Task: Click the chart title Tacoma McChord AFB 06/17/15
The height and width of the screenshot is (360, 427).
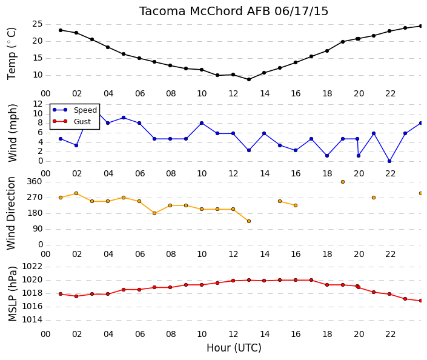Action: point(234,12)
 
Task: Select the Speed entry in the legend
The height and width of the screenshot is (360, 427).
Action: point(85,110)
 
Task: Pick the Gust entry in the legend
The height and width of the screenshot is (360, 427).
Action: point(82,122)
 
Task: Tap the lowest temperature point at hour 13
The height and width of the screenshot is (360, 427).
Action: point(249,79)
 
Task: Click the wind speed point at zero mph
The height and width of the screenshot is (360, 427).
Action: point(389,161)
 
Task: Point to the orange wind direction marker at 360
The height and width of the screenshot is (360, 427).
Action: point(343,182)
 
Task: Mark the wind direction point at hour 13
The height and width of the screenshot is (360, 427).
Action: point(249,221)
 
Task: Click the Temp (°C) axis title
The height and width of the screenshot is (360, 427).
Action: point(12,54)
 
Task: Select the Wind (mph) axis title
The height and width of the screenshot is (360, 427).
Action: point(13,133)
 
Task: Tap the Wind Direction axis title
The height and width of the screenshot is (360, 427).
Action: point(11,213)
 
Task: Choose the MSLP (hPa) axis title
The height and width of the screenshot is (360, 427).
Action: point(13,294)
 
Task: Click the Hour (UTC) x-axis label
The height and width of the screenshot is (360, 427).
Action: point(234,348)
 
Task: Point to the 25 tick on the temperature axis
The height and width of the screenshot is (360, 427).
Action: point(38,24)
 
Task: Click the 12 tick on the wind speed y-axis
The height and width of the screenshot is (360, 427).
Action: point(38,104)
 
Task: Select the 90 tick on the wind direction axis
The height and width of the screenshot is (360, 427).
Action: point(38,229)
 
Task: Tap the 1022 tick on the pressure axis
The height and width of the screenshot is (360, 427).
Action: point(32,266)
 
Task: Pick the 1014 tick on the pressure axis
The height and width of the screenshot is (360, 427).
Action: point(32,319)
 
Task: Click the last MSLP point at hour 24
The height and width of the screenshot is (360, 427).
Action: point(421,301)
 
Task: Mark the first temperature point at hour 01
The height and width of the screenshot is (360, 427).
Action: point(61,30)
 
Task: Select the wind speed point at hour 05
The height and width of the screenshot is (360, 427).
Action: point(124,118)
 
